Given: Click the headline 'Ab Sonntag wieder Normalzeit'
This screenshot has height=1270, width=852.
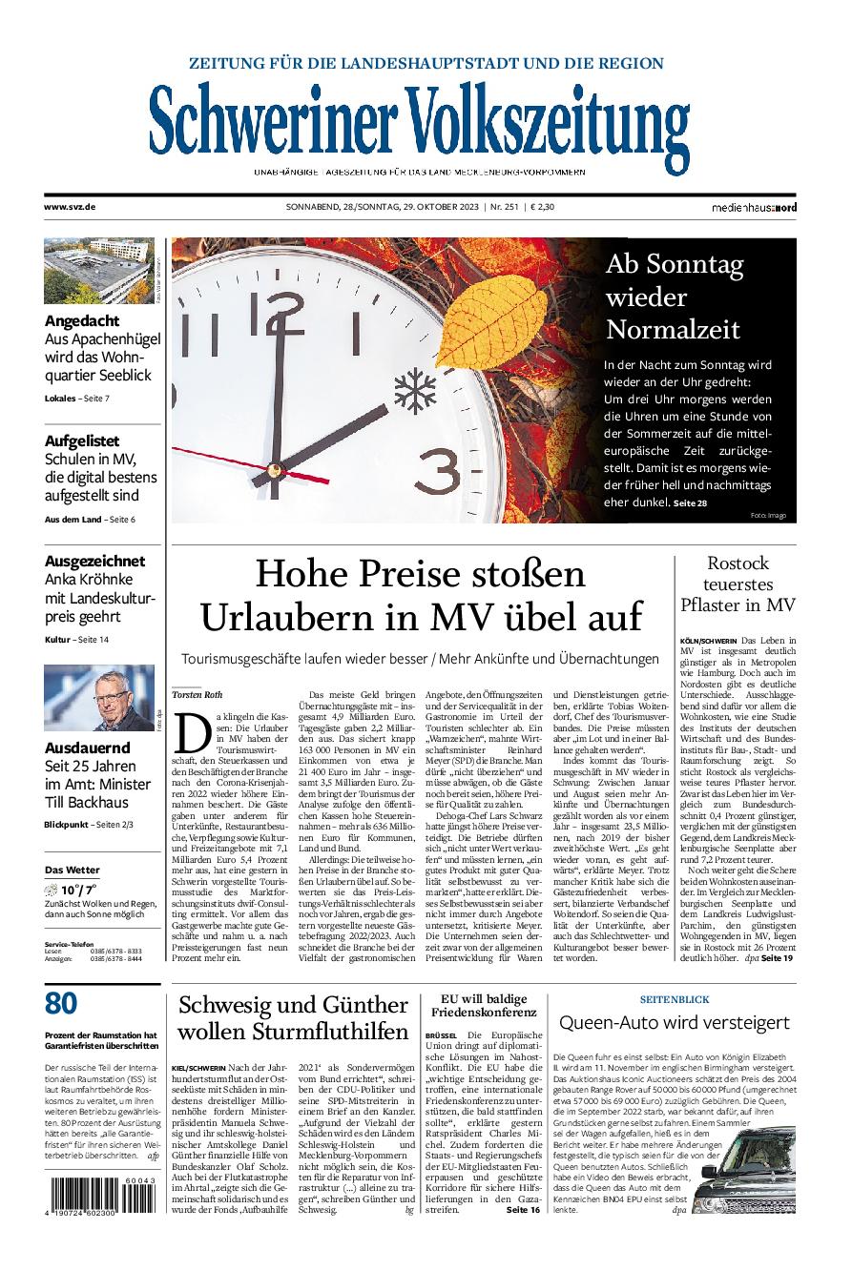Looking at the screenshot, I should pyautogui.click(x=673, y=297).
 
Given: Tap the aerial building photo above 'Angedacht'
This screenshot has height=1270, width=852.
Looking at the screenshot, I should pyautogui.click(x=98, y=271).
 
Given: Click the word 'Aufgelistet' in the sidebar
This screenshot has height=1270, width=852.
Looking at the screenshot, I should pyautogui.click(x=82, y=440).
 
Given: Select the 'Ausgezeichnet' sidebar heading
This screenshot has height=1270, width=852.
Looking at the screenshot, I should pyautogui.click(x=94, y=561).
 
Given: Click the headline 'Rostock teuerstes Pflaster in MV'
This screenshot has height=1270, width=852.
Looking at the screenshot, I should pyautogui.click(x=738, y=584).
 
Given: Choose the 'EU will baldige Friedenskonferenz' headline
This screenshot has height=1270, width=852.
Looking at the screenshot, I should pyautogui.click(x=483, y=1004).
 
